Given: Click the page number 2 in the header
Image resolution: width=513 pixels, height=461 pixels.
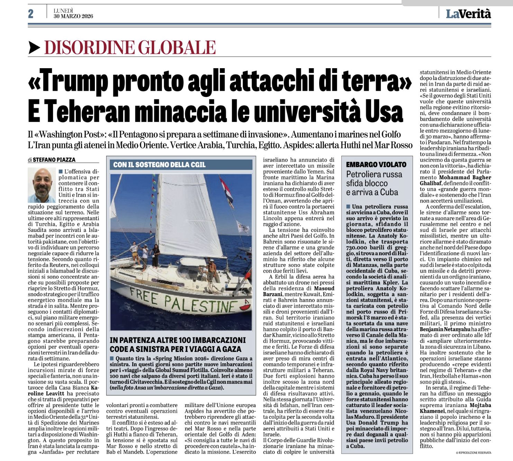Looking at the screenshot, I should (x=31, y=14).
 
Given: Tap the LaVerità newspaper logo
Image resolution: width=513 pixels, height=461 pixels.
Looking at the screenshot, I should (x=468, y=14).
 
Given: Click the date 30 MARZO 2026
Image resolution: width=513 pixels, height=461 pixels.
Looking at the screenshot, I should (x=73, y=16).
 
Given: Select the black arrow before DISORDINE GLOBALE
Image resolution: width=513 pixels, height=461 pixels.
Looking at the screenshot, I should (x=34, y=47).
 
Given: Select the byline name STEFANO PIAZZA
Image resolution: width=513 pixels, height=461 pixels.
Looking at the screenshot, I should (x=54, y=160).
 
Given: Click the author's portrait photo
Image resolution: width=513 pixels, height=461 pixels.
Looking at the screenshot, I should (x=42, y=185).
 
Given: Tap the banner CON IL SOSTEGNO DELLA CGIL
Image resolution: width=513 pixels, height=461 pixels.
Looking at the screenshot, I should (x=159, y=165).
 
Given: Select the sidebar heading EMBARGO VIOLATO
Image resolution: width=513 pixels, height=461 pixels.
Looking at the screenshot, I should (x=376, y=165).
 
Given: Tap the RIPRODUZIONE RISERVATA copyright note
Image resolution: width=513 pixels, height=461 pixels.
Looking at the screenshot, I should (x=473, y=453).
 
